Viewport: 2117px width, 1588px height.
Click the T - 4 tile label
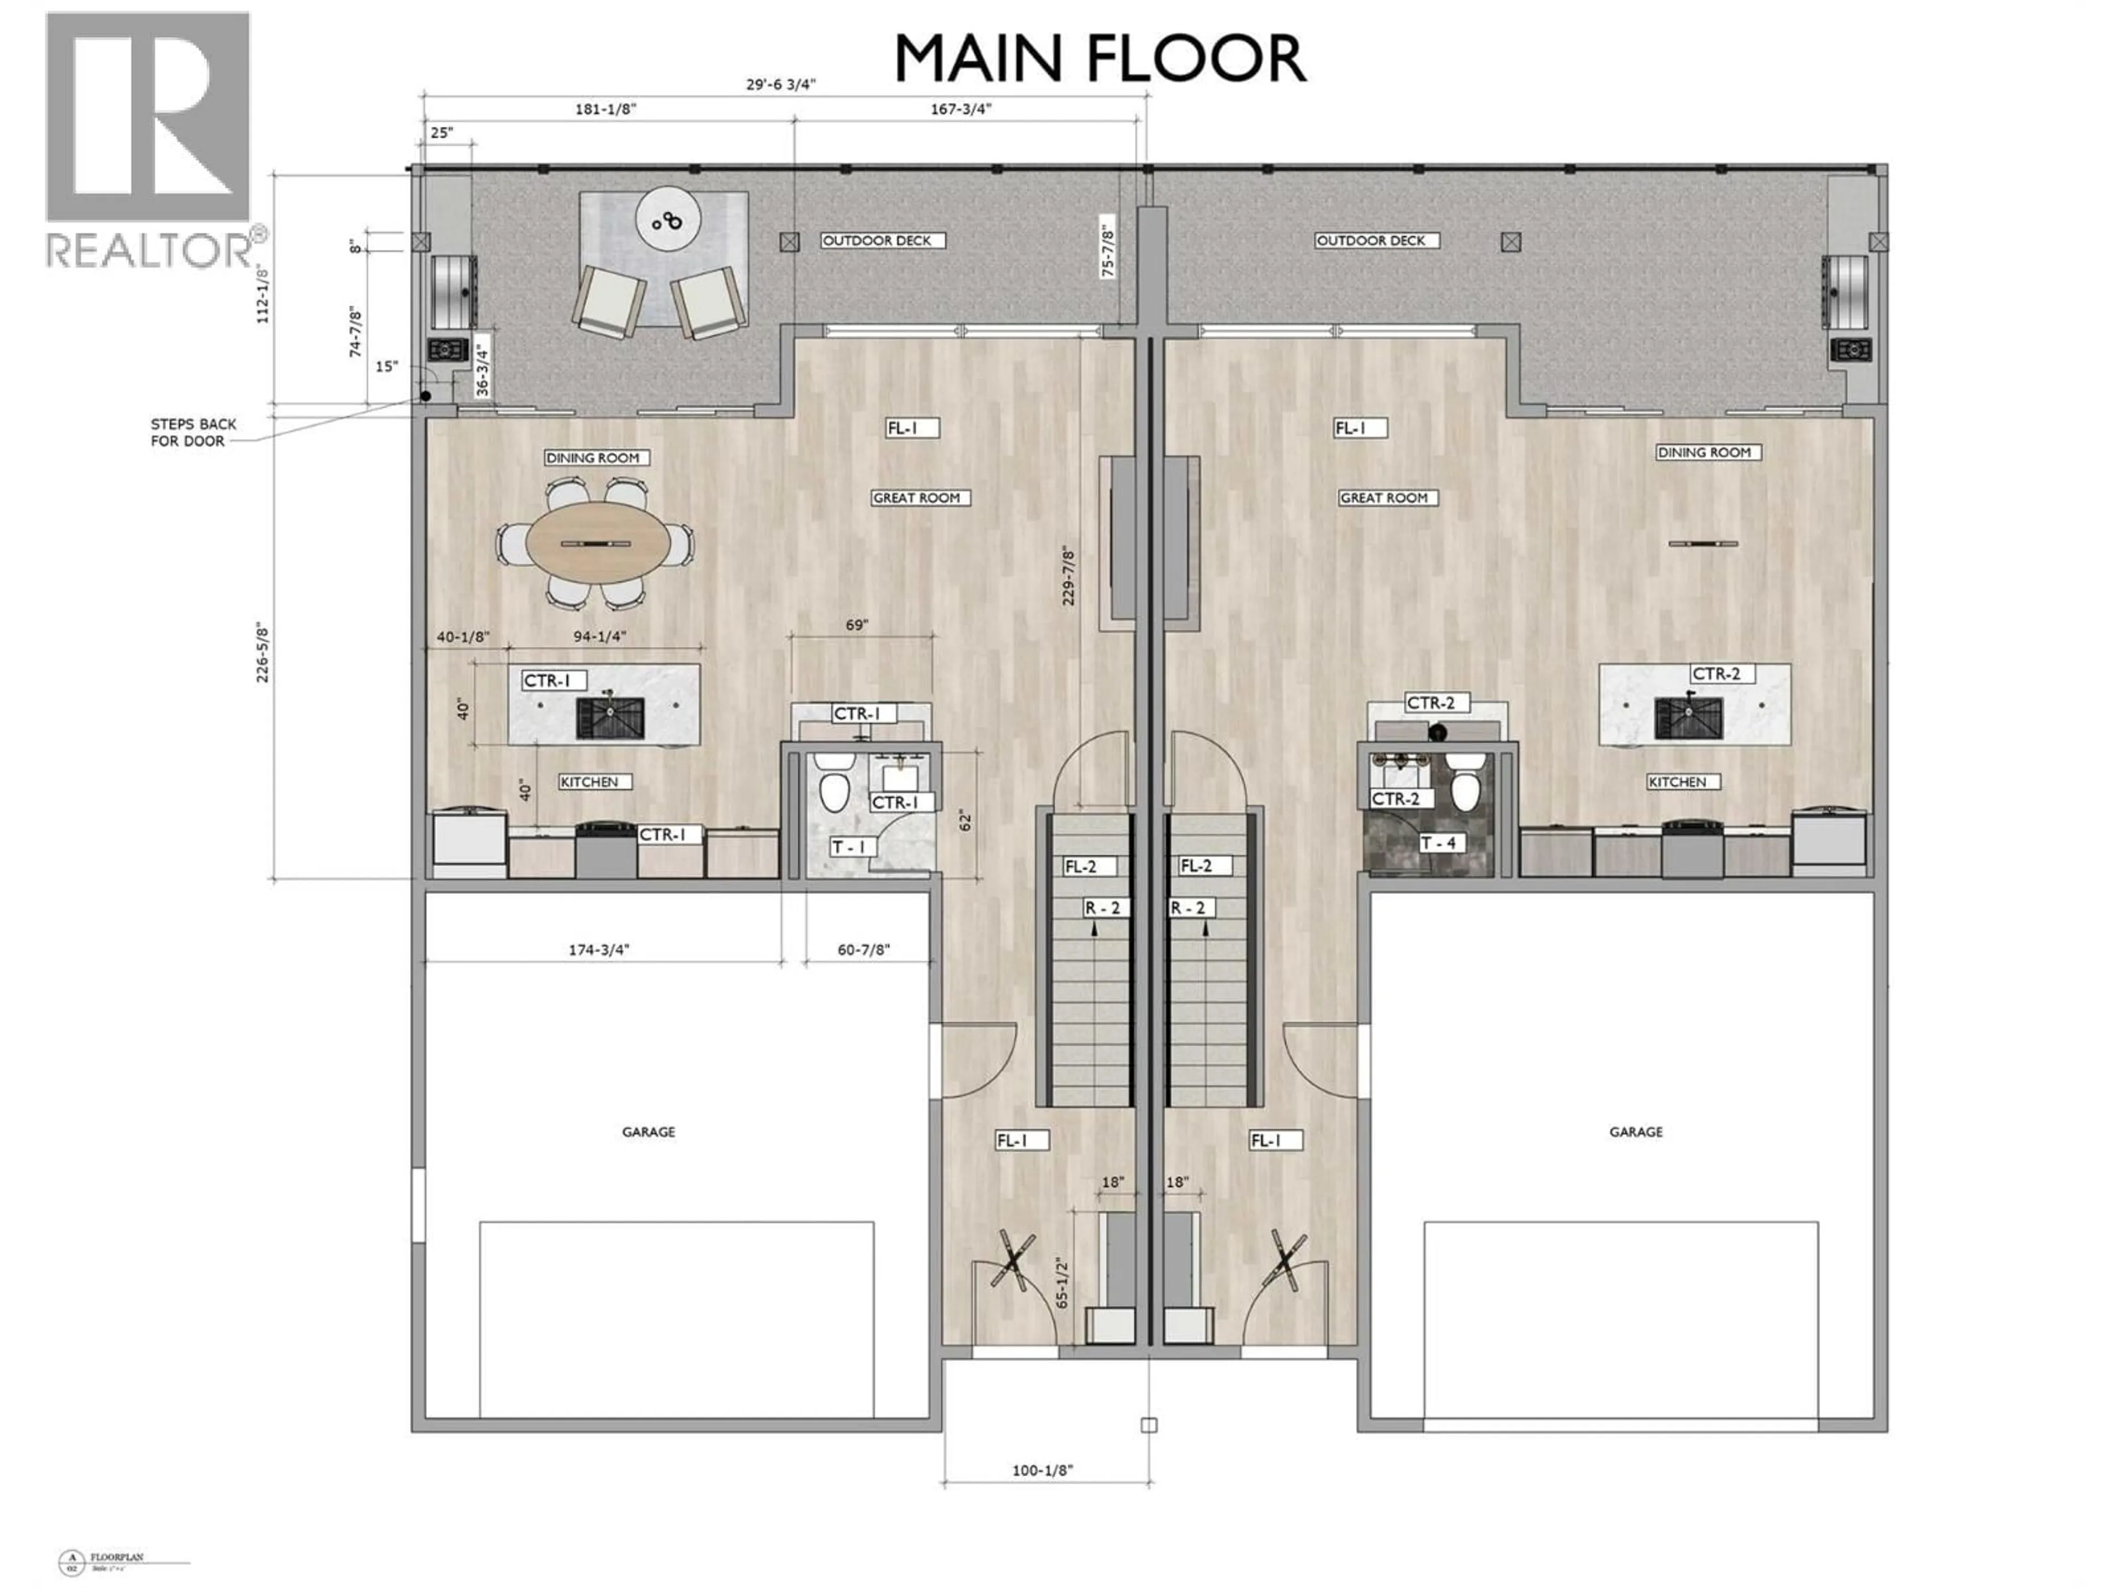click(1438, 843)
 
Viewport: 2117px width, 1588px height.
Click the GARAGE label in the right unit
click(1636, 1131)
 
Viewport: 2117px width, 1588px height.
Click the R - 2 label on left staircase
click(1103, 908)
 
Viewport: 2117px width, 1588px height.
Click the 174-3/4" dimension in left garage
click(599, 949)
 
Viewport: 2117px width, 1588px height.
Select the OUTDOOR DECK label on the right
click(1371, 241)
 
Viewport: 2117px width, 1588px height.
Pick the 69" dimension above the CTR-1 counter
click(857, 625)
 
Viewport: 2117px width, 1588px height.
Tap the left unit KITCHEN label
click(589, 782)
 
